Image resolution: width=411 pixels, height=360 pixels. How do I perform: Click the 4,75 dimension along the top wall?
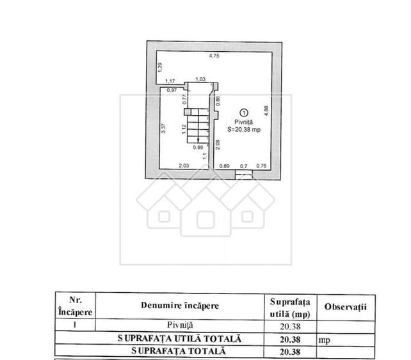coord(214,56)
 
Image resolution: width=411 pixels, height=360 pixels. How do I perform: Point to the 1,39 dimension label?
coord(161,67)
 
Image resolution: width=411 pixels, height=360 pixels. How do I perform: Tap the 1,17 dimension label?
coord(170,81)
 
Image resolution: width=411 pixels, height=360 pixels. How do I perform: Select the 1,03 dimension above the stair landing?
coord(200,79)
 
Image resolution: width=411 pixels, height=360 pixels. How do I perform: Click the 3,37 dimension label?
coord(163,129)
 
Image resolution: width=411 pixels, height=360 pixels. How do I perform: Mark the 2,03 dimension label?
coord(184,166)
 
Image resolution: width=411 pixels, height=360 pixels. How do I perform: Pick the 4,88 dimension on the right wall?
coord(266,111)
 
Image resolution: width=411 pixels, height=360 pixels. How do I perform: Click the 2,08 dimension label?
coord(218,145)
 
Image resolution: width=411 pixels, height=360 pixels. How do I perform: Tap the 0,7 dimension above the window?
coord(243,166)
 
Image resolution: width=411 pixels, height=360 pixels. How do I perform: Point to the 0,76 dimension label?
coord(261,166)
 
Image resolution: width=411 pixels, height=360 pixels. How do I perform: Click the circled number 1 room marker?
coord(244,113)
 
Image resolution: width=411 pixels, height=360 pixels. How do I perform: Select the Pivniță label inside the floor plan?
coord(243,122)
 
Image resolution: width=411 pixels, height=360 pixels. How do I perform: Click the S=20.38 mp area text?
coord(244,129)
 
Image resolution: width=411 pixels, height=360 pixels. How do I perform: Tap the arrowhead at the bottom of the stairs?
coord(198,140)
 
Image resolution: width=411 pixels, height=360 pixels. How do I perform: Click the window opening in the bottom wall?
coord(244,175)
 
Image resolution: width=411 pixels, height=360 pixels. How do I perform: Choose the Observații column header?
coord(345,307)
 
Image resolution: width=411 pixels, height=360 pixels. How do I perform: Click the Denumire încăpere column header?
coord(180,306)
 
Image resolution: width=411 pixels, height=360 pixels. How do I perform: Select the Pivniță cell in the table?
coord(180,325)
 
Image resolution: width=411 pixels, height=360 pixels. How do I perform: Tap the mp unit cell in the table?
coord(324,340)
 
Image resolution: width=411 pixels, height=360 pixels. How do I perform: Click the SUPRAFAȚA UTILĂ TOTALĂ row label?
coord(179,338)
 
